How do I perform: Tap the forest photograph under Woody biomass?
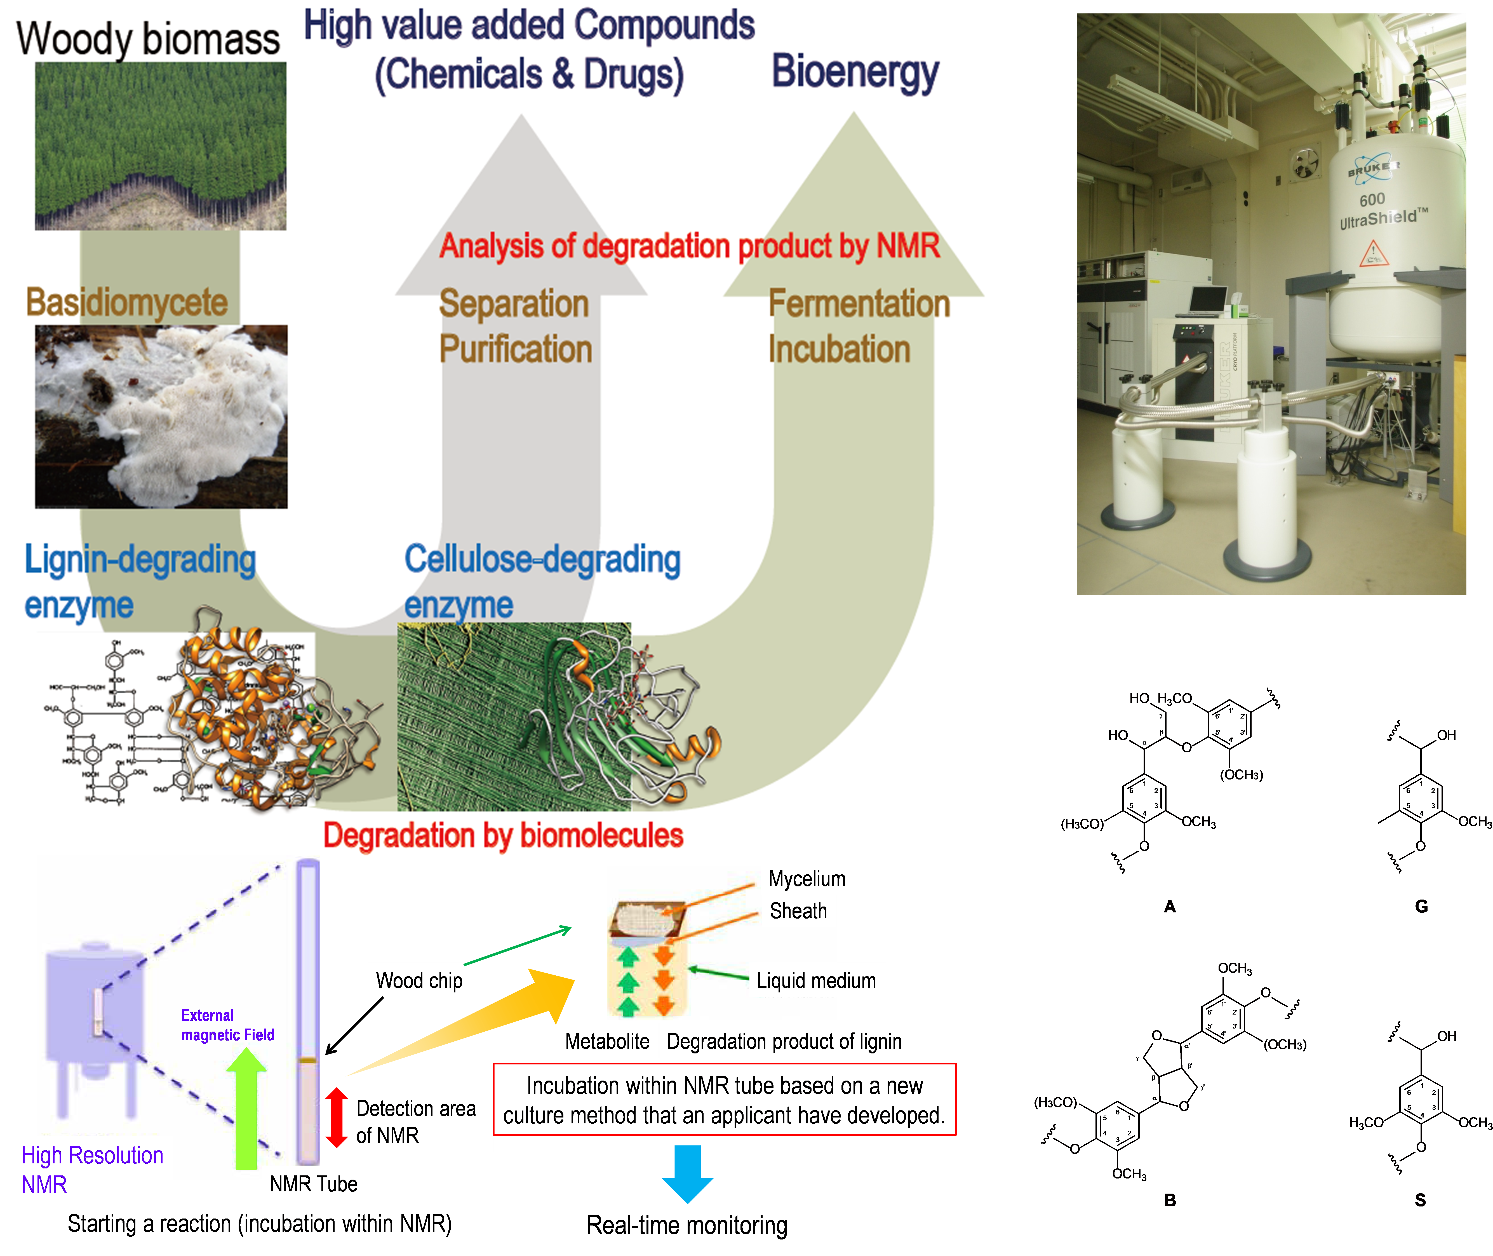pyautogui.click(x=160, y=146)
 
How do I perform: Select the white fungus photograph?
pyautogui.click(x=161, y=417)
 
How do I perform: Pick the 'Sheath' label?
pyautogui.click(x=798, y=911)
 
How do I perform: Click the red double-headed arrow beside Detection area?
pyautogui.click(x=337, y=1117)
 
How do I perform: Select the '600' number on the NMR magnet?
pyautogui.click(x=1372, y=199)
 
